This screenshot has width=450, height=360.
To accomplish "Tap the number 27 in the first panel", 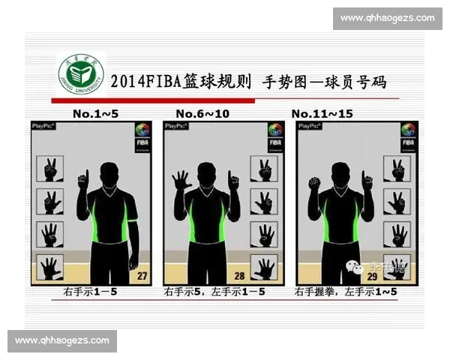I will click(141, 276).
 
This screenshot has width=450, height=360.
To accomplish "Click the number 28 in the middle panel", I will click(239, 276).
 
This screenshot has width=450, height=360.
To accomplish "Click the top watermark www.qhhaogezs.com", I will click(387, 18).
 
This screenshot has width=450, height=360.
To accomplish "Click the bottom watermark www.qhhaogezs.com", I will click(62, 340).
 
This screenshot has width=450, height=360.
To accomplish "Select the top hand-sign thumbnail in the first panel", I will click(51, 169).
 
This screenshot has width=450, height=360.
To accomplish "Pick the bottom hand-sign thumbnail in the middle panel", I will click(263, 268).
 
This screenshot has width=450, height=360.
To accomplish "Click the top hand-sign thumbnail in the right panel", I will click(396, 169).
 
